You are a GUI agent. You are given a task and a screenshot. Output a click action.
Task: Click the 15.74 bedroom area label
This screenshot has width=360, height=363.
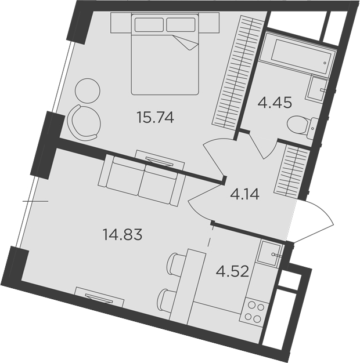tap(155, 117)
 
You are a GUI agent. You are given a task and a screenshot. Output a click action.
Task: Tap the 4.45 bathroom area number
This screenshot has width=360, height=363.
tap(275, 103)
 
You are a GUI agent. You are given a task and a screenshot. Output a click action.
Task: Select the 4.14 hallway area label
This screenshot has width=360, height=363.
tap(244, 194)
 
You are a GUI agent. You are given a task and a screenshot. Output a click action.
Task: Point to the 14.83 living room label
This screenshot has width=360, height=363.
tap(122, 234)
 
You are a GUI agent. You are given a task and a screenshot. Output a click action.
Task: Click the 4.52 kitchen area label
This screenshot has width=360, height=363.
tap(232, 271)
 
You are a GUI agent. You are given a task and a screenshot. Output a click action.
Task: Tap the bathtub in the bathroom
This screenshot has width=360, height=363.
tap(298, 54)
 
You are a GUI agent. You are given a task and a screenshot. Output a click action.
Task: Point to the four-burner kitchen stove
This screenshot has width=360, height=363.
tap(254, 313)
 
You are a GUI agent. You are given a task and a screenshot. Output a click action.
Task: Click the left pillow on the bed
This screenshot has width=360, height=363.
tap(149, 24)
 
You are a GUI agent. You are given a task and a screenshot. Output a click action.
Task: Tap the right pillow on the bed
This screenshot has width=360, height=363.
tap(181, 24)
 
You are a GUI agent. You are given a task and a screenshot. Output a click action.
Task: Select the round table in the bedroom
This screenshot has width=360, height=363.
tap(88, 90)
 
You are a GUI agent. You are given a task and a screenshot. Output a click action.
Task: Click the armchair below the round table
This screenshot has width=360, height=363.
tap(84, 122)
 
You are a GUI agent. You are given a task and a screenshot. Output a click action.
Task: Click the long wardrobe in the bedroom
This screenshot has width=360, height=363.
tap(238, 72)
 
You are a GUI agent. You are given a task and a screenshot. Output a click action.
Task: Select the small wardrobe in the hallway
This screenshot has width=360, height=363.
tap(291, 172)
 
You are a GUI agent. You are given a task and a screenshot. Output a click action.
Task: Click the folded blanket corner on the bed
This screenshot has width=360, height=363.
tap(186, 42)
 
